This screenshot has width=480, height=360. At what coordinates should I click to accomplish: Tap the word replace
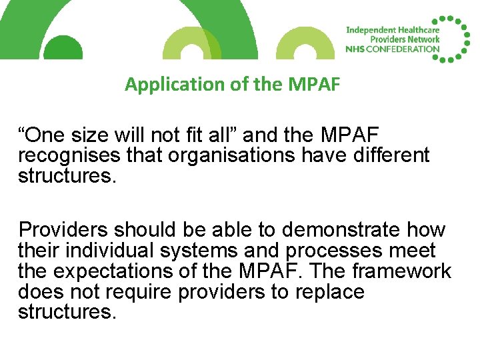(325, 292)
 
